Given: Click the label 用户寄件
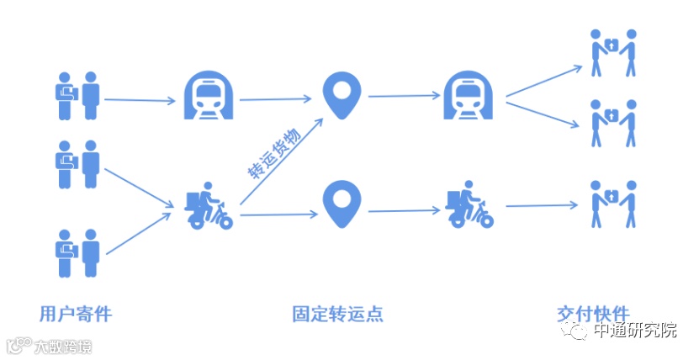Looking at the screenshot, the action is pos(75,315).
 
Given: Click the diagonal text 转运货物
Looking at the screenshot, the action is pos(273,153).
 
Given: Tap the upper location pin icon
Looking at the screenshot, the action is pos(342,94).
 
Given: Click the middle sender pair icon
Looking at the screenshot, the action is pos(78,165).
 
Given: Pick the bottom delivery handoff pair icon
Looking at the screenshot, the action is pos(612,203).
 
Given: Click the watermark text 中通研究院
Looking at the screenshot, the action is pos(635,331).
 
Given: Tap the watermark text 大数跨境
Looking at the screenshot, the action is pos(62,347).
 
